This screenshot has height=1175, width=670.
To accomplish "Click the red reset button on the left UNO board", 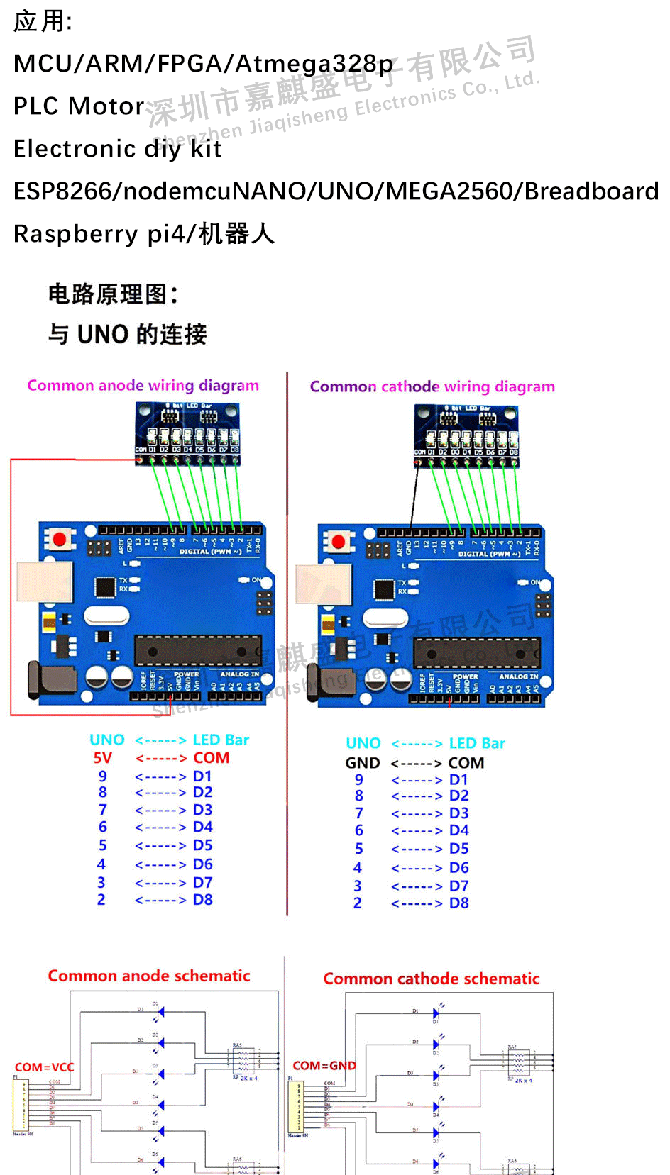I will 60,540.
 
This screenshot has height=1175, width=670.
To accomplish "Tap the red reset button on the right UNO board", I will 339,542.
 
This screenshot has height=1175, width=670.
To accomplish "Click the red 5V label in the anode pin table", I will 103,758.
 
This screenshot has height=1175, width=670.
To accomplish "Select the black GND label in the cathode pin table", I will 363,763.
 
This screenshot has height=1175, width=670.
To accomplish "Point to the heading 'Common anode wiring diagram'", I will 143,386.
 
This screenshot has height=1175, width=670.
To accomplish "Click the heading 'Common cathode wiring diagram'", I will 432,387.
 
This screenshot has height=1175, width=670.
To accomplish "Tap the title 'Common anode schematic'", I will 149,976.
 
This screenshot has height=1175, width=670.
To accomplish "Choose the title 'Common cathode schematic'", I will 432,979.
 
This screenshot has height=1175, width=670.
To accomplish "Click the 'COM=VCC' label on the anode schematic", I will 44,1067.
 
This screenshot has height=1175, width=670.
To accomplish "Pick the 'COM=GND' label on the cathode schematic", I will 324,1066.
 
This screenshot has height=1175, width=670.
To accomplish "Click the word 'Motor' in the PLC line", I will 107,106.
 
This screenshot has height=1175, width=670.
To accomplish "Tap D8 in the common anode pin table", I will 203,900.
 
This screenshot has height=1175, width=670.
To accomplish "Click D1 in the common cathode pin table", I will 458,780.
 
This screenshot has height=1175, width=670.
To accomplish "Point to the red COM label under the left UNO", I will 212,758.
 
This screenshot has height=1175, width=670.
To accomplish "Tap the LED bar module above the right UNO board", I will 467,436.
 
